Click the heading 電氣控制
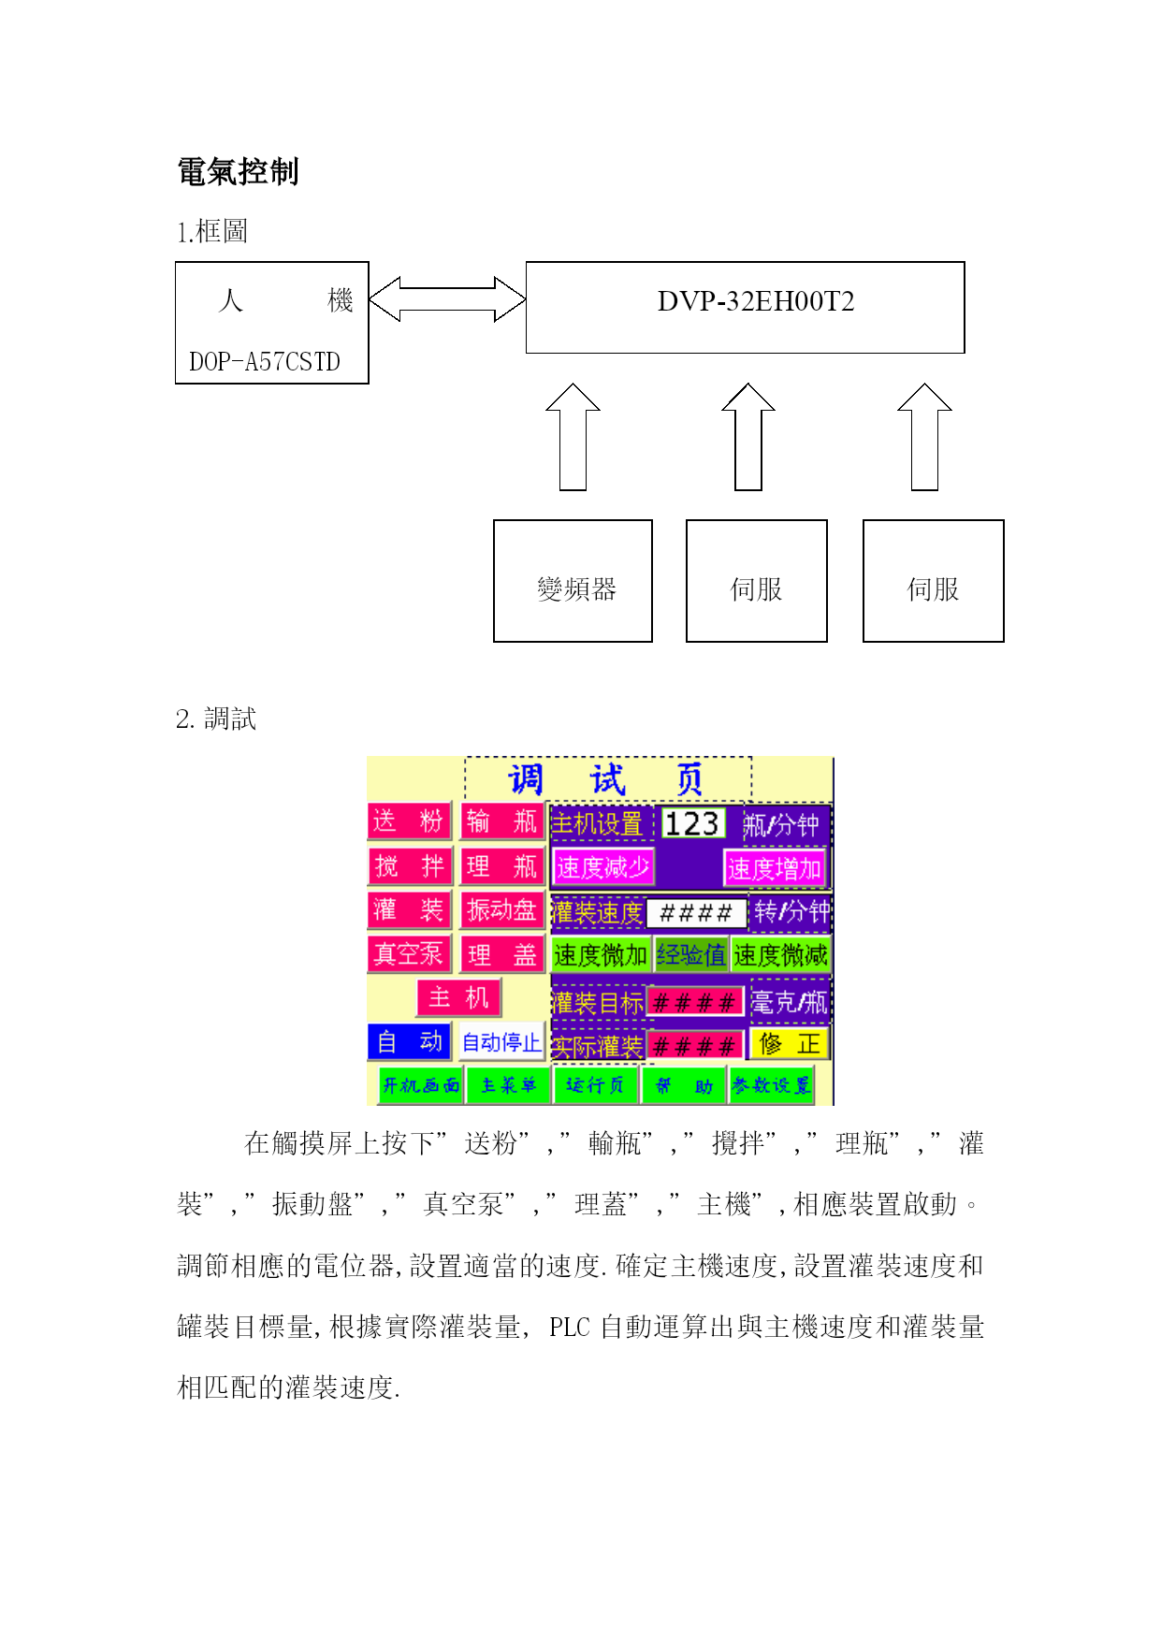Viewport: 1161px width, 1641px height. coord(238,172)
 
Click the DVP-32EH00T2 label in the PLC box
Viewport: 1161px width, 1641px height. coord(755,301)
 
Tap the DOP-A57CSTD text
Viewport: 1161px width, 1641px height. coord(265,362)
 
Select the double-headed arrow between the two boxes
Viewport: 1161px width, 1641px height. coord(447,299)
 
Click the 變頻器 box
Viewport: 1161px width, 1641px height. coord(573,581)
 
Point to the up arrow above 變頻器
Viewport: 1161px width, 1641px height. coord(573,437)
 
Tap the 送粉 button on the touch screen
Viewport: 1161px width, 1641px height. coord(409,821)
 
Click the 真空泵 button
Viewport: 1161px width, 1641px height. coord(409,954)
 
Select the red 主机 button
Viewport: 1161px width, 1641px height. coord(458,998)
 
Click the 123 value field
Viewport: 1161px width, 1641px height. coord(692,823)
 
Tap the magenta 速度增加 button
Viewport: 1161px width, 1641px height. coord(774,868)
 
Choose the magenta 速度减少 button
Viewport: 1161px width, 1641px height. coord(602,867)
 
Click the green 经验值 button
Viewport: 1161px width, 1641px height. coord(691,955)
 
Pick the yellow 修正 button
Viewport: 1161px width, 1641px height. coord(789,1044)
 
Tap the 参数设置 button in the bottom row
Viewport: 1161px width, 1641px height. coord(771,1086)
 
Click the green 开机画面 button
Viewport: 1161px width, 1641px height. coord(420,1086)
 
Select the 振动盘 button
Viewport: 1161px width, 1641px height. coord(502,910)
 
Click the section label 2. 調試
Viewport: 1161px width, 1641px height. coord(216,719)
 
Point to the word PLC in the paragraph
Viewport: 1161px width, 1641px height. coord(569,1328)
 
